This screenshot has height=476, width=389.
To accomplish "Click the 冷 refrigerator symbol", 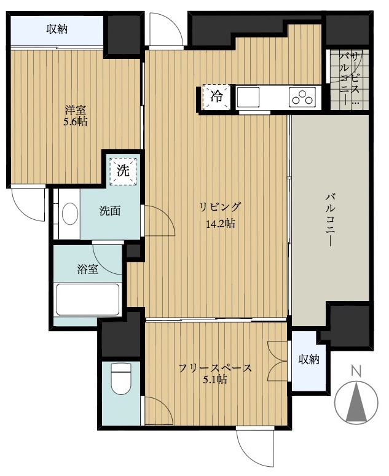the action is [x=216, y=96].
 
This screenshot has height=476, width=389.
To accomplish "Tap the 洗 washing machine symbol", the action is [x=123, y=171].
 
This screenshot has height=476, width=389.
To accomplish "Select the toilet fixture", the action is [x=120, y=377].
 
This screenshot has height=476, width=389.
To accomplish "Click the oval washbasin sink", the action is [x=70, y=214].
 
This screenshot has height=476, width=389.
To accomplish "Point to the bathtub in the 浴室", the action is [x=88, y=300].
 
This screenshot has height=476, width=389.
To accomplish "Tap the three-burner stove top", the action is [x=302, y=97].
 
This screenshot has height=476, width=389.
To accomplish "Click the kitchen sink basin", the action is [x=248, y=97].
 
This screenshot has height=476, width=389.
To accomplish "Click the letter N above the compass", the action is [x=356, y=370].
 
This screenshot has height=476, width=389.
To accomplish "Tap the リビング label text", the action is [x=220, y=207].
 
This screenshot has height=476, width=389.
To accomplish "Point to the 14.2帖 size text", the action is [x=220, y=224].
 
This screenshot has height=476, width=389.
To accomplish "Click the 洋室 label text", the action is [x=75, y=109].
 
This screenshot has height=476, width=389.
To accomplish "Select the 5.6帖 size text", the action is [x=75, y=122].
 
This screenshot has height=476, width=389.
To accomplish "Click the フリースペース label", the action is [x=215, y=368].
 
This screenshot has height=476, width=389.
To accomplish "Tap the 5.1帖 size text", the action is [x=215, y=379].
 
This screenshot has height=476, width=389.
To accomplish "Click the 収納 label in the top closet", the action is [x=57, y=29].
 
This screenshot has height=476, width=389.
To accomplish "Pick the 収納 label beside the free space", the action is [x=309, y=359].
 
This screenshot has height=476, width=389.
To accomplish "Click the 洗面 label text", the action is [x=110, y=211].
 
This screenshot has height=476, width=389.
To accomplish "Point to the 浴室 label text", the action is [x=87, y=269].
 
